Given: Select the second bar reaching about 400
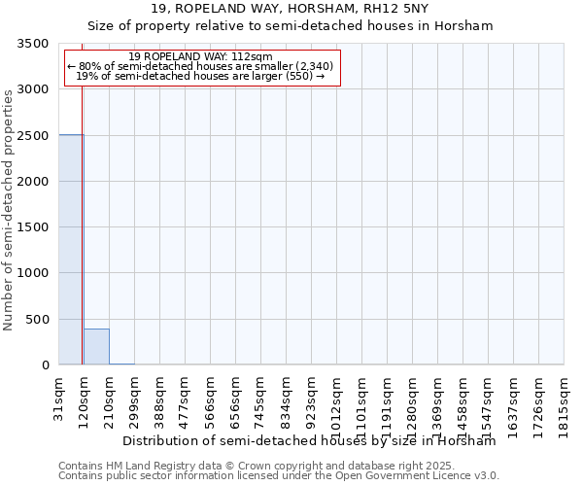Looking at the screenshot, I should click(x=96, y=347).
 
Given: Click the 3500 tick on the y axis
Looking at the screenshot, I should click(x=33, y=44).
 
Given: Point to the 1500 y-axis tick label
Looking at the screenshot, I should click(x=33, y=227).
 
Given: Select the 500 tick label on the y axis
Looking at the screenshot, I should click(x=37, y=319).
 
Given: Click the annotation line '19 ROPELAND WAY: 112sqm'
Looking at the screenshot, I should click(x=201, y=57).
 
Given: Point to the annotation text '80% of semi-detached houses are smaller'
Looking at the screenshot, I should click(x=201, y=66).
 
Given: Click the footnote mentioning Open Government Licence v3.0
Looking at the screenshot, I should click(x=279, y=476).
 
